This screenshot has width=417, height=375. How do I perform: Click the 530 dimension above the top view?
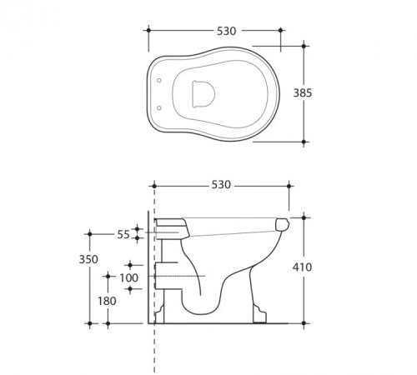(227, 31)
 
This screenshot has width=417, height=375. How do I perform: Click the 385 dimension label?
(303, 92)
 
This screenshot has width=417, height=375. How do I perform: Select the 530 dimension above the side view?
(221, 185)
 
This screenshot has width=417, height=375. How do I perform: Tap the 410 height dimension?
(302, 267)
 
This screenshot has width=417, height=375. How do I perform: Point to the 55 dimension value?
(123, 235)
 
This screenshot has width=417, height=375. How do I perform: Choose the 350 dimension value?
(88, 259)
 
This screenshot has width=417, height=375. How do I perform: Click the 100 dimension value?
(129, 277)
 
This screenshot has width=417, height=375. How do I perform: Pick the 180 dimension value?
(107, 301)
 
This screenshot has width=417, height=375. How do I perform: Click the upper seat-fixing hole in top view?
(159, 80)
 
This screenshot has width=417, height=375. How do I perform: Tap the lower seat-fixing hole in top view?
(159, 107)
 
